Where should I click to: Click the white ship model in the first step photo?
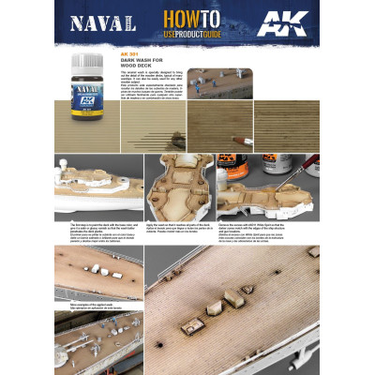tap(98, 192)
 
